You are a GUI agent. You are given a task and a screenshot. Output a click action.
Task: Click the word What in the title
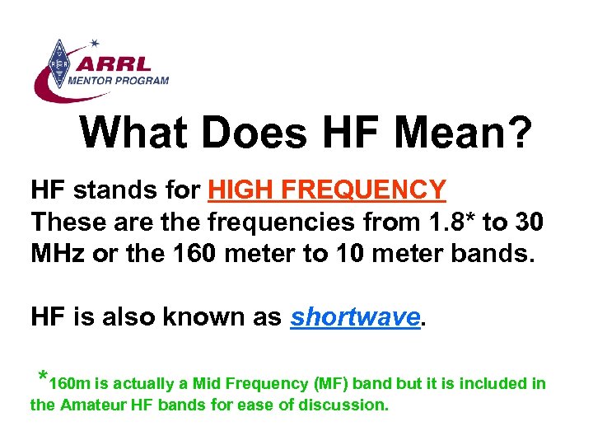coord(136,132)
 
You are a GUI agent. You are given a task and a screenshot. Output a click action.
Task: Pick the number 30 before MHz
coord(527,222)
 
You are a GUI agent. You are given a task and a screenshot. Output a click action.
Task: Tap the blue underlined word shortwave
coord(354,316)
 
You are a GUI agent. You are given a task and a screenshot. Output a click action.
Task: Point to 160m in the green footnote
coord(70,384)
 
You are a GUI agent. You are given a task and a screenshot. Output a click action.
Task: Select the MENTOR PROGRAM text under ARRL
coord(119,81)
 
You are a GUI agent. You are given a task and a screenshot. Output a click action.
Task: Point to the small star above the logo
coord(94,42)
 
